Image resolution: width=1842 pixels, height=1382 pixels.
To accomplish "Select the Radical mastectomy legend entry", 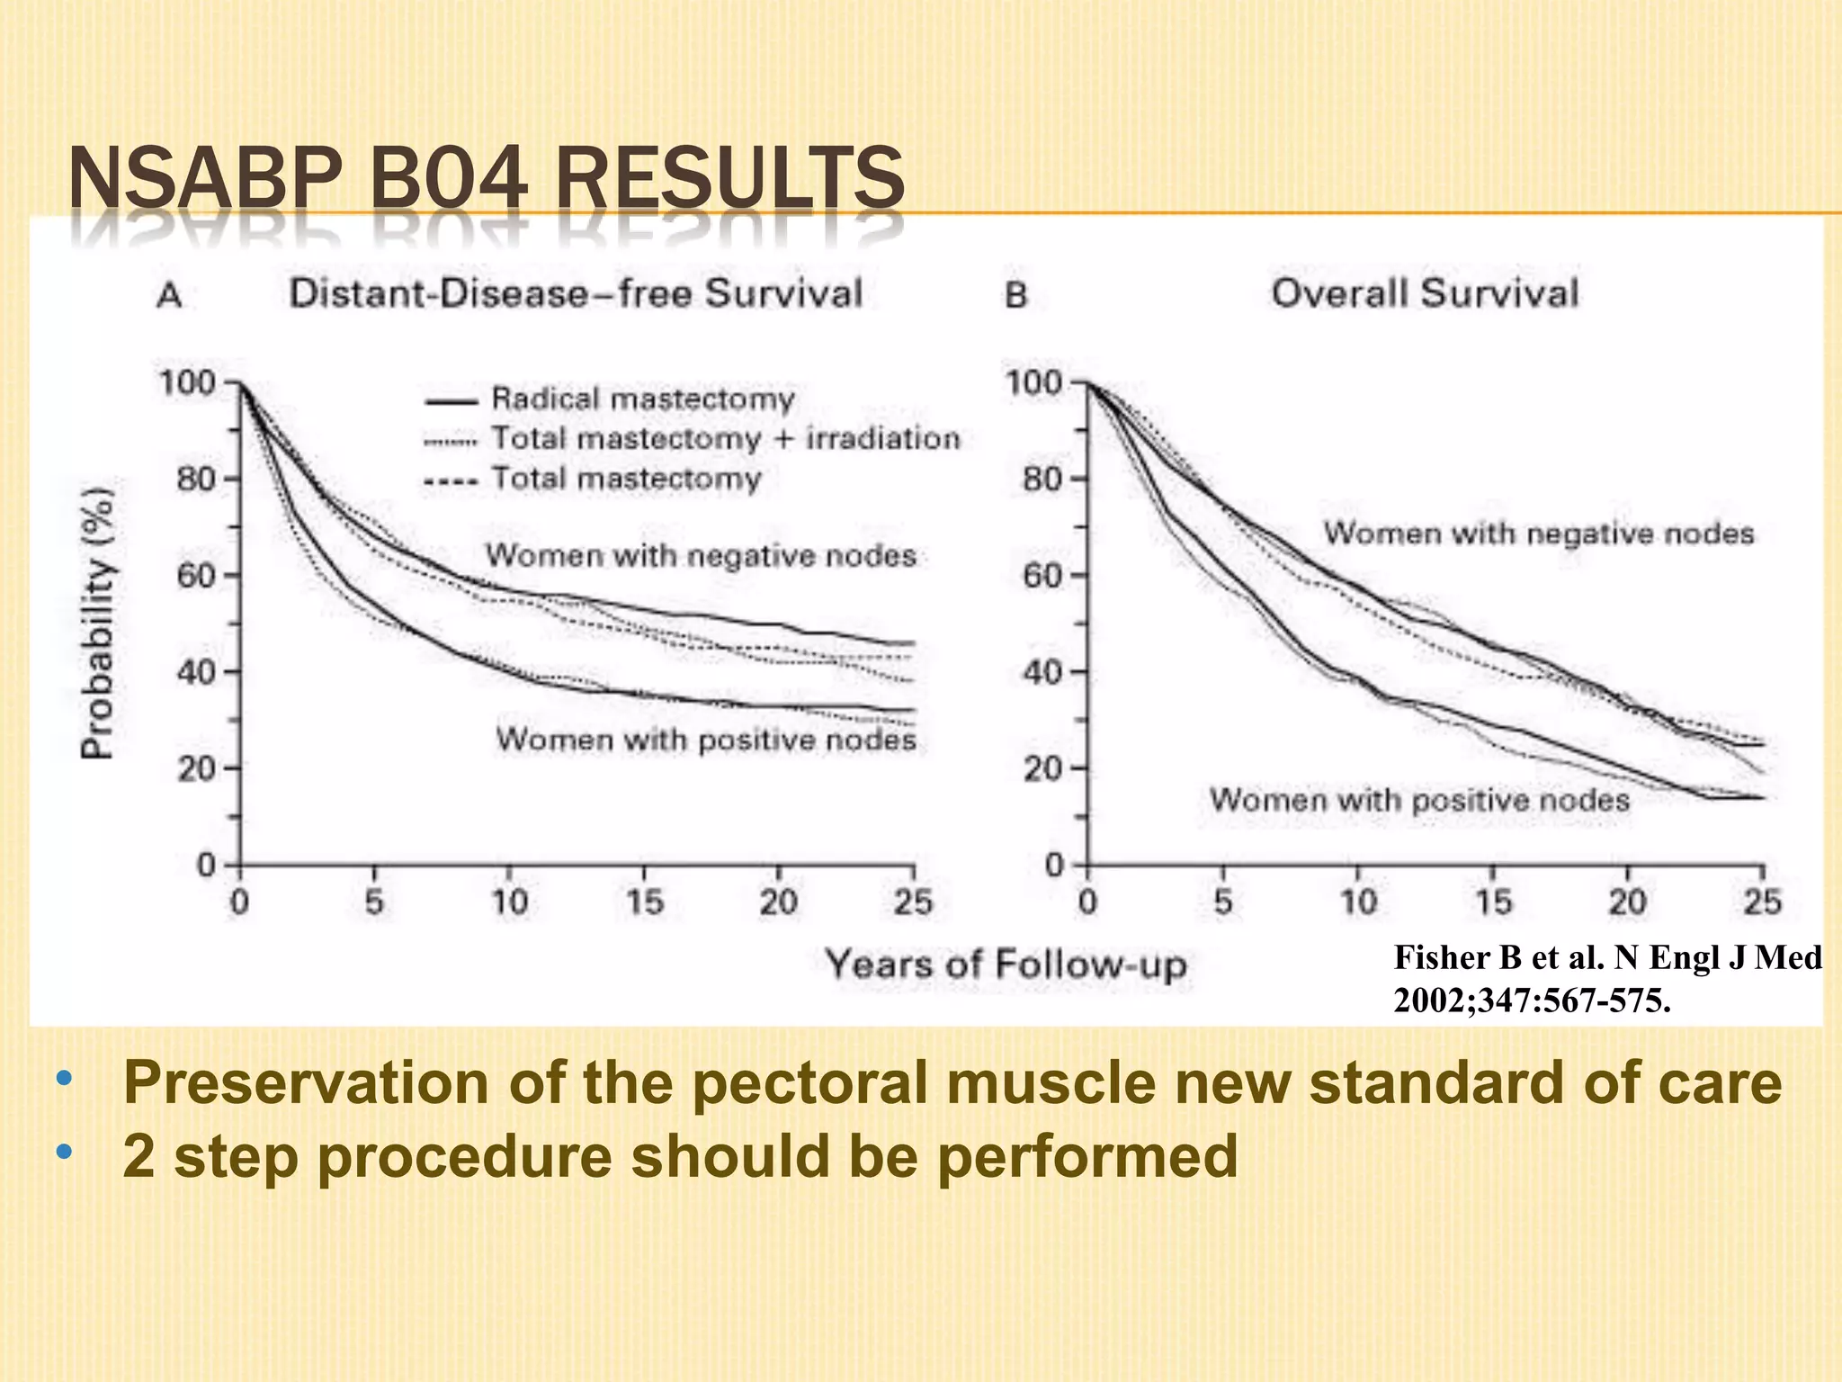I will click(642, 399).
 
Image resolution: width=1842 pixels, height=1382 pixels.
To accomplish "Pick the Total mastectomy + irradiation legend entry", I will click(725, 439).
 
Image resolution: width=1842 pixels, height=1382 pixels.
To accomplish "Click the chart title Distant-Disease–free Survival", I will click(576, 294).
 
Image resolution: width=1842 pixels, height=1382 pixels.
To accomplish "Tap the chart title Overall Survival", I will click(1425, 293).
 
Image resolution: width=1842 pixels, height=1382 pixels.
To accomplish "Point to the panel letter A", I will click(169, 295).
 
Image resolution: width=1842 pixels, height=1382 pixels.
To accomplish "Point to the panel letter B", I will click(1015, 295).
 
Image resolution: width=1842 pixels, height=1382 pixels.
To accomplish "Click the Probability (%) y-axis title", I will click(98, 624).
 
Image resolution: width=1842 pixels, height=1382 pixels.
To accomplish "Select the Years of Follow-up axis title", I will click(1006, 965).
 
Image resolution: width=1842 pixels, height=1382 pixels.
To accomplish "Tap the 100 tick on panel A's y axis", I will click(187, 382).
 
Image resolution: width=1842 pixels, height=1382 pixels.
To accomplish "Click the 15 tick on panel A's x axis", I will click(644, 901).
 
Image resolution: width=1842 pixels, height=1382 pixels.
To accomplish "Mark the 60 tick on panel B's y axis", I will click(1042, 575).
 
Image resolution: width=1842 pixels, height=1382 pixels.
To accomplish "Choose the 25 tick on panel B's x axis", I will click(1762, 901).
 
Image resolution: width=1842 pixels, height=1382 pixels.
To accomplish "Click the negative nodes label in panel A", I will click(701, 555).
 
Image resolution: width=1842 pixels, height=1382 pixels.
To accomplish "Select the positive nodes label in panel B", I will click(1419, 799).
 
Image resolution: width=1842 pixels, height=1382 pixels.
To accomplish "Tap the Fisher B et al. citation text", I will click(1607, 957).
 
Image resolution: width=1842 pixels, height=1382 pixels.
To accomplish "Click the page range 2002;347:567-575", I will click(1532, 1001).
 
